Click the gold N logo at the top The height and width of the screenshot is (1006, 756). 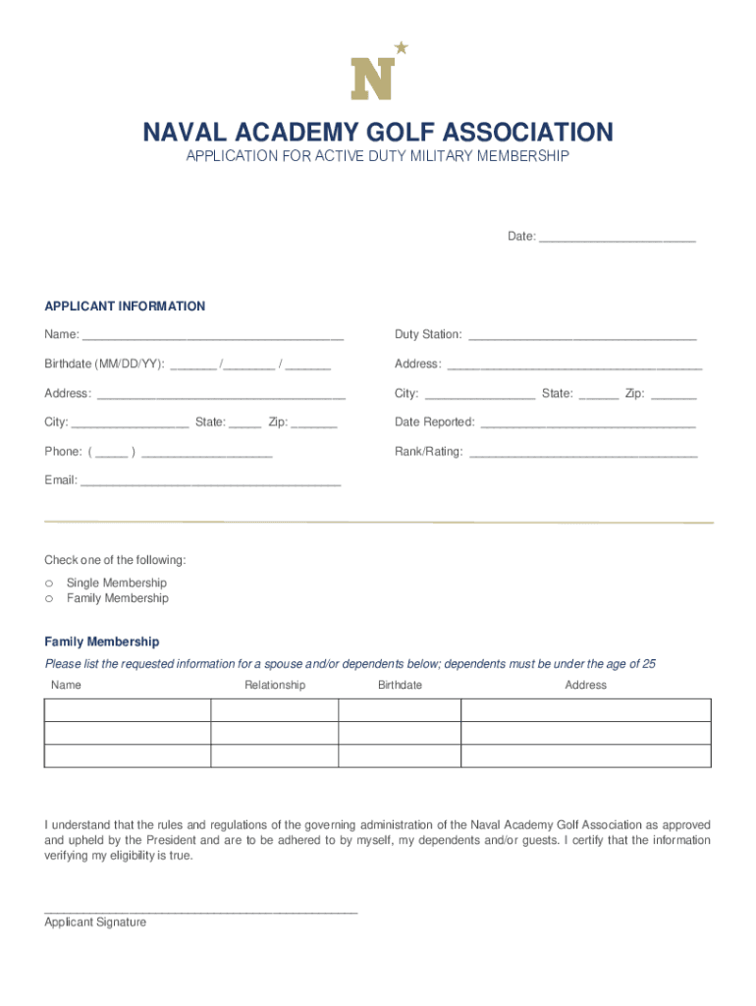pos(373,79)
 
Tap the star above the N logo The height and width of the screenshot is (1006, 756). pos(401,47)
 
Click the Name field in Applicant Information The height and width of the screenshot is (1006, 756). pos(212,335)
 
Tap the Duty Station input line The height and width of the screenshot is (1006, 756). pos(582,335)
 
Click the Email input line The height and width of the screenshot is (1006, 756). pos(210,481)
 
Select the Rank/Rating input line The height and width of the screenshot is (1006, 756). pos(583,453)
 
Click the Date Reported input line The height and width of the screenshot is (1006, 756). pos(587,423)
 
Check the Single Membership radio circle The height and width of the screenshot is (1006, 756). pos(49,584)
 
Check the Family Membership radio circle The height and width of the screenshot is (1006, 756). pos(49,599)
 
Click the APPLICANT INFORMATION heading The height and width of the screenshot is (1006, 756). pos(125,307)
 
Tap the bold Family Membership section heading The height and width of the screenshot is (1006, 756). pos(101,642)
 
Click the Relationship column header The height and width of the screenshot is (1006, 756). pos(275,685)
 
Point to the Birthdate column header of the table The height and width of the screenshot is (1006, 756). pos(400,685)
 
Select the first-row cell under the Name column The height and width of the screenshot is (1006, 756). pos(128,710)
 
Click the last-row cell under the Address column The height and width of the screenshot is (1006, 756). pos(586,755)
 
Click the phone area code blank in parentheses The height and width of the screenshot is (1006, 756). pos(111,453)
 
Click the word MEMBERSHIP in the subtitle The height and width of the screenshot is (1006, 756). pos(512,157)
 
